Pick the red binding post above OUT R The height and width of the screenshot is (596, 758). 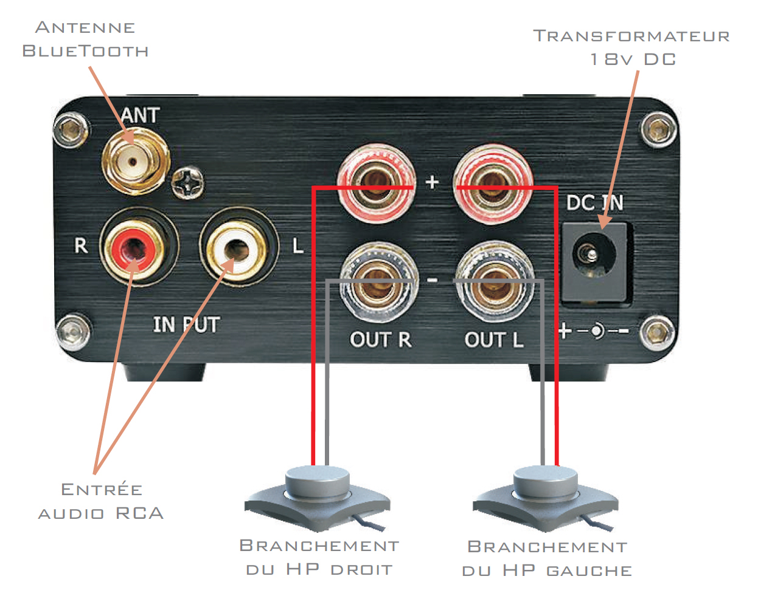(x=376, y=183)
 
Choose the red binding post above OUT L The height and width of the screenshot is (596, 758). (x=493, y=183)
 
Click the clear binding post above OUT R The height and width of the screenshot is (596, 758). (x=379, y=281)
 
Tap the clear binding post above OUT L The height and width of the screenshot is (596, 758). (x=495, y=281)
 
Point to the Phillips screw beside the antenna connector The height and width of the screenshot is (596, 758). (x=188, y=183)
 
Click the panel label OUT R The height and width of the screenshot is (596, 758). (x=380, y=340)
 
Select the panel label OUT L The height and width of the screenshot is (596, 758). (x=494, y=340)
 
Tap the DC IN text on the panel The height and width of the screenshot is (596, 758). (x=594, y=203)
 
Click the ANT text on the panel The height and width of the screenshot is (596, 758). (x=140, y=115)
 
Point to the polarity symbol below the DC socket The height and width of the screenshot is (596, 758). (x=594, y=331)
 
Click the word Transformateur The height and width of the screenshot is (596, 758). (x=631, y=36)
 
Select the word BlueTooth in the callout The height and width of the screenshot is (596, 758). (x=85, y=51)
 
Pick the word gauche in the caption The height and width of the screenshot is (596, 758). (x=589, y=571)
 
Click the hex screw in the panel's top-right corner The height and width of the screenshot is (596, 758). (x=659, y=130)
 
